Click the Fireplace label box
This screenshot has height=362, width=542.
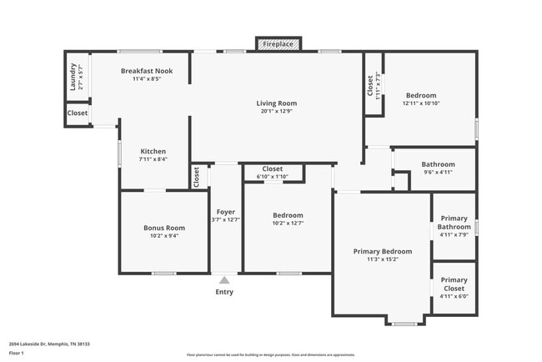277,43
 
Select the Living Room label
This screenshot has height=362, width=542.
276,103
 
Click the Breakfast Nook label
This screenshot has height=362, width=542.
146,71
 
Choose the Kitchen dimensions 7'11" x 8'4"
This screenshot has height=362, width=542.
153,159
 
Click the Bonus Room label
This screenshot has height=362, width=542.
163,227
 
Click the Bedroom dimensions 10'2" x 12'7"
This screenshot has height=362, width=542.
288,223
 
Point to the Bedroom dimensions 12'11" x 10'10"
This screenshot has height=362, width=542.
420,103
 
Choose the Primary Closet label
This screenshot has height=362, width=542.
454,284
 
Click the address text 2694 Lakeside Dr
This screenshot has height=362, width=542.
49,342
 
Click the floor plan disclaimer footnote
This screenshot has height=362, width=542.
271,354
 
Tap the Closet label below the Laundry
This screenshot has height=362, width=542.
78,113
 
